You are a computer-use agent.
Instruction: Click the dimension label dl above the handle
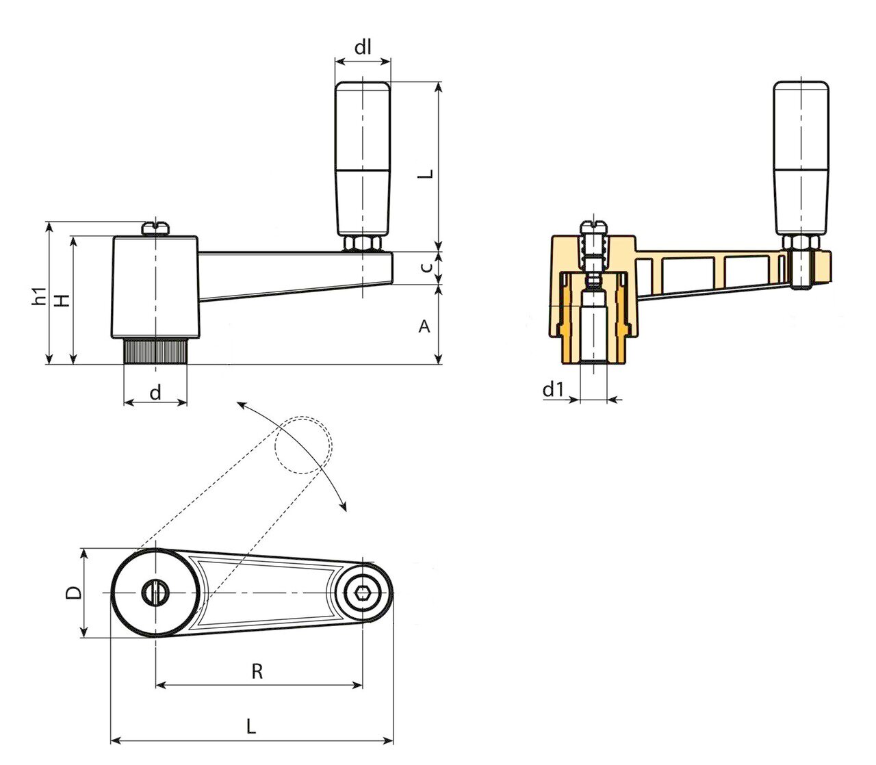(x=362, y=47)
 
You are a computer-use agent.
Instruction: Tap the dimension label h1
(x=39, y=296)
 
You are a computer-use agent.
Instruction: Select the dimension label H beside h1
(x=63, y=300)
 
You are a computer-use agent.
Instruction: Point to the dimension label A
(x=424, y=326)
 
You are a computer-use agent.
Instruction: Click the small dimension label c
(x=426, y=268)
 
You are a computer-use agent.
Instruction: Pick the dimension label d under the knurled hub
(x=155, y=391)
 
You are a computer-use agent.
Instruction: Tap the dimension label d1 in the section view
(x=554, y=389)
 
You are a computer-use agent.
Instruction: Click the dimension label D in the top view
(x=73, y=593)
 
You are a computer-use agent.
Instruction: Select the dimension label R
(x=257, y=672)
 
